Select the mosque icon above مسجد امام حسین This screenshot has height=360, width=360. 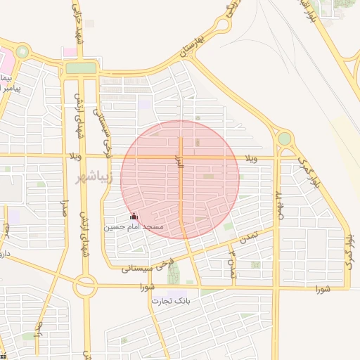(134, 217)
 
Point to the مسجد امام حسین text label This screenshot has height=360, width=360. (134, 227)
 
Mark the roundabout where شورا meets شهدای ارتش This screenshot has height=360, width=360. (85, 286)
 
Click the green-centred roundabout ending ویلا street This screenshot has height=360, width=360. (284, 139)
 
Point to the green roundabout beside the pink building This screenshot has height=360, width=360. (23, 52)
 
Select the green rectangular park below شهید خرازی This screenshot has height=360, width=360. (81, 68)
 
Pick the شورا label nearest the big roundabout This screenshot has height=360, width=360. (147, 287)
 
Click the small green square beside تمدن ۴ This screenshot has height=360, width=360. (255, 265)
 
